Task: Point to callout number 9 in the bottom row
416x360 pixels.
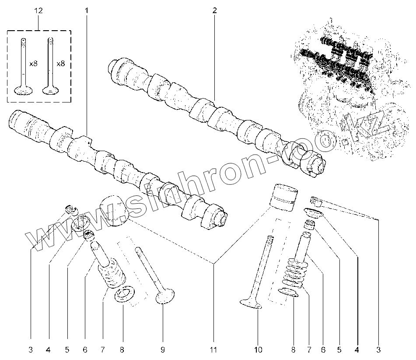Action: click(x=162, y=349)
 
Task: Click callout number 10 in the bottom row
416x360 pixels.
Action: click(x=258, y=349)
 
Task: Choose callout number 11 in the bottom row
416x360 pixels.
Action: click(x=213, y=349)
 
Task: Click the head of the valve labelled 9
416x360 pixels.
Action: click(x=166, y=297)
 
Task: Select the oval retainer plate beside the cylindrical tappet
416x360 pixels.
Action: click(x=314, y=213)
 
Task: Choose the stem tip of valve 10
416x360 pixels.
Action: click(x=270, y=239)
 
